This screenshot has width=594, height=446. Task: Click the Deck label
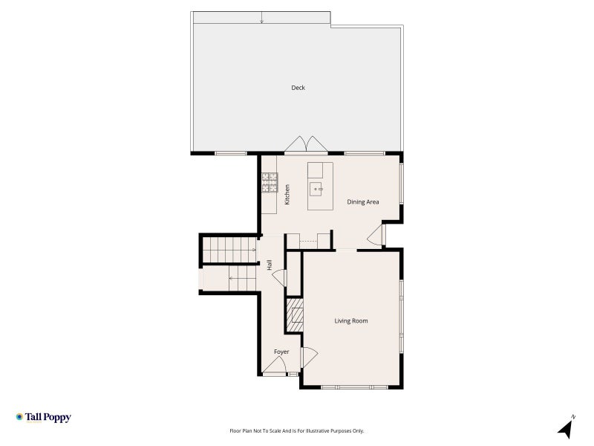click(x=298, y=88)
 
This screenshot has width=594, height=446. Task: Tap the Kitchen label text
click(x=287, y=195)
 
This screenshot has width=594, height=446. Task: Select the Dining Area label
click(x=362, y=201)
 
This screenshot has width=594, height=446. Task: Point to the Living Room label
click(x=350, y=321)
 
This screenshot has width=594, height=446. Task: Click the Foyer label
click(x=281, y=352)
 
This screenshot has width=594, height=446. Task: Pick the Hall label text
click(x=270, y=265)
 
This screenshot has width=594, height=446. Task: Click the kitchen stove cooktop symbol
click(x=270, y=182)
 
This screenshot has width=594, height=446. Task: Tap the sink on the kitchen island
click(x=316, y=189)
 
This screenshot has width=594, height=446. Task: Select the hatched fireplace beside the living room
click(x=295, y=314)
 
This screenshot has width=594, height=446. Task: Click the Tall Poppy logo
click(x=43, y=418)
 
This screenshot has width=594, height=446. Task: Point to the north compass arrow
click(x=567, y=426)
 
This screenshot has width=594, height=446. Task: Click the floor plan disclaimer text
click(x=296, y=431)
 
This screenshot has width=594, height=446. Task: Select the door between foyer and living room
click(x=310, y=357)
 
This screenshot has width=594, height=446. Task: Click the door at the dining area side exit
click(x=376, y=235)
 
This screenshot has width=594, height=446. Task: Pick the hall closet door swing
click(x=280, y=277)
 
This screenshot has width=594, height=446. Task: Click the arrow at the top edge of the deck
click(x=261, y=17)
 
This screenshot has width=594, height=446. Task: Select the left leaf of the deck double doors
click(x=295, y=144)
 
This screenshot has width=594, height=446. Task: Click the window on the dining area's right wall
click(x=401, y=184)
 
